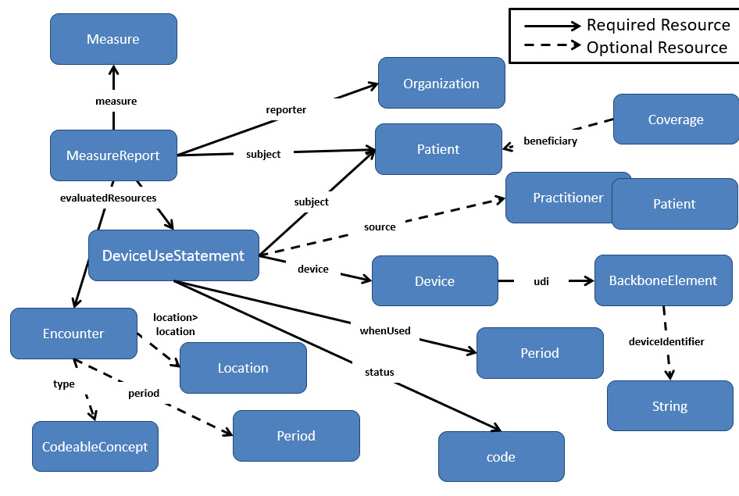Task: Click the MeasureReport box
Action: coord(113,155)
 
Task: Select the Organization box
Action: coord(441,84)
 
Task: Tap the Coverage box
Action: coord(676,120)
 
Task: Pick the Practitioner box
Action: coord(559,198)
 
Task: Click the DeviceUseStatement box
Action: coord(173,255)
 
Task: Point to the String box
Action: coord(669,406)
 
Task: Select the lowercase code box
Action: coord(501,457)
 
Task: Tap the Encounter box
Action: coord(73,334)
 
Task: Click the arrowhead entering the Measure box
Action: coord(114,72)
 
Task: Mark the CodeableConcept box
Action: coord(95,447)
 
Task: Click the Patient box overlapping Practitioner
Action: coord(674,204)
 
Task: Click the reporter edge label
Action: coord(286,110)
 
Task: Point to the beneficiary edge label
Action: coord(550,141)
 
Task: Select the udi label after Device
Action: coord(541,281)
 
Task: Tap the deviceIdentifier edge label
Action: coord(666,341)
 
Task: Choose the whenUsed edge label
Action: coord(385,330)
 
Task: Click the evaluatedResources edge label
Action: coord(108,198)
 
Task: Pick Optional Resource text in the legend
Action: coord(656,47)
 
